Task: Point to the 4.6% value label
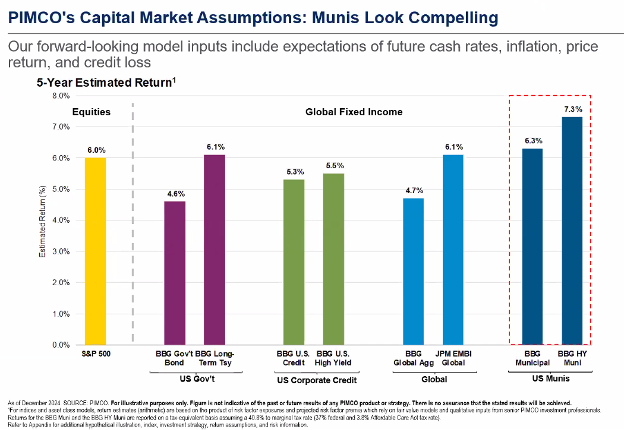[175, 192]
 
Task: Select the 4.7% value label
[414, 189]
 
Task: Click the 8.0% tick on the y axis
[60, 96]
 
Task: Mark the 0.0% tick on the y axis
[60, 345]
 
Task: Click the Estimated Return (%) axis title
[40, 220]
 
